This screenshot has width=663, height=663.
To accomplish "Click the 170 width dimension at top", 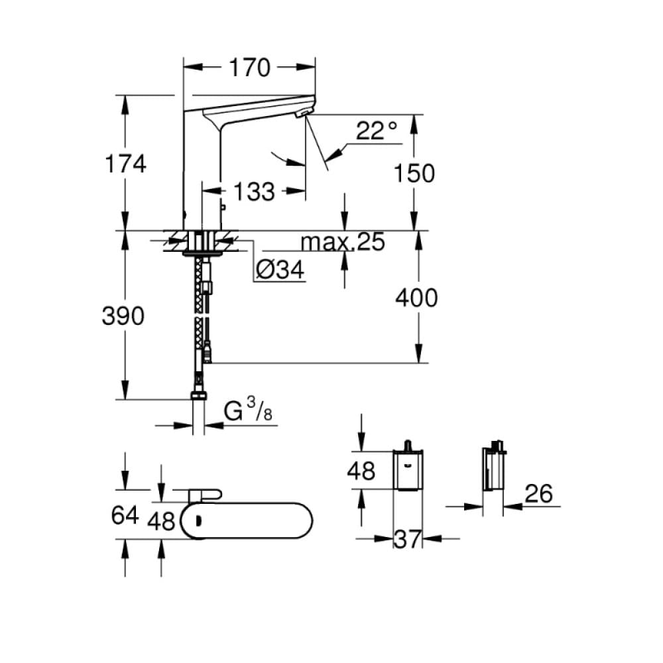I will point(250,68).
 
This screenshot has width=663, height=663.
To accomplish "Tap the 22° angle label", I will point(376,131).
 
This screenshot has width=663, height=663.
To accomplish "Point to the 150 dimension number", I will point(414,173).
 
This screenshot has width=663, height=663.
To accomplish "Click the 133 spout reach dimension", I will point(254,192).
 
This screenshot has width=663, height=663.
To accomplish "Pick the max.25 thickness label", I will point(343,243).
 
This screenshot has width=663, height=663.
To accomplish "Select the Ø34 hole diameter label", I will point(279,270).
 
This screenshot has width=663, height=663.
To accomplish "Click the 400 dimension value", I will point(416,298).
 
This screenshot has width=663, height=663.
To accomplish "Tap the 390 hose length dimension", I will point(123,317).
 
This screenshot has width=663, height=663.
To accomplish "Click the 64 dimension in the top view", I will point(124,515).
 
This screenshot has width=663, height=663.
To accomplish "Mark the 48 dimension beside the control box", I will point(361,471).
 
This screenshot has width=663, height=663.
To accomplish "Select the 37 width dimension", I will point(407,539).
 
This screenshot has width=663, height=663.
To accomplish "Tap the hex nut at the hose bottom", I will point(198,396).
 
